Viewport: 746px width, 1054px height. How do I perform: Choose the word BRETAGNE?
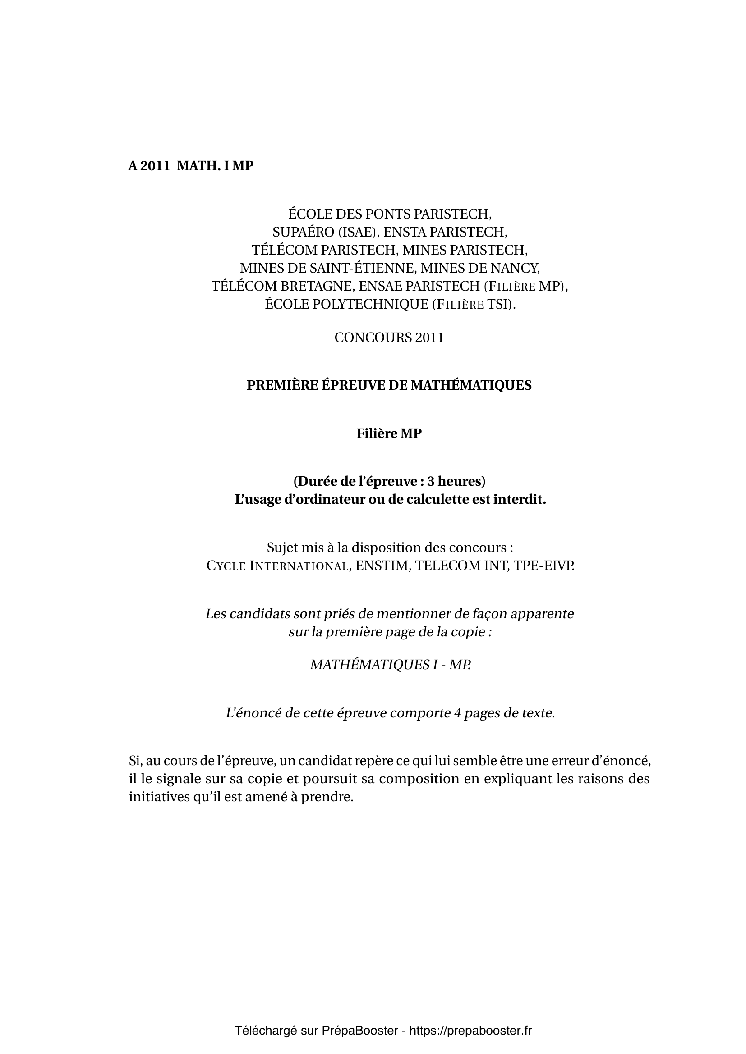point(317,286)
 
